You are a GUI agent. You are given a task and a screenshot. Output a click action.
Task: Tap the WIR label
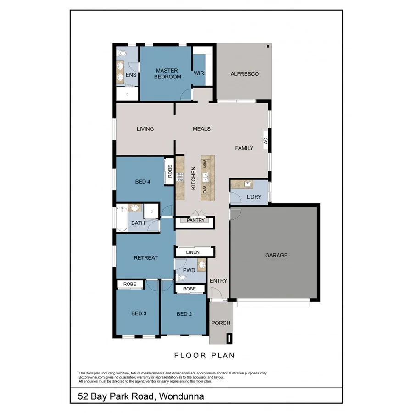(x=199, y=73)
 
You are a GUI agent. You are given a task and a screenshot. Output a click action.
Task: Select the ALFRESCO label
(x=245, y=74)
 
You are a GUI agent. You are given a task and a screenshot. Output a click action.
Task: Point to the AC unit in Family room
(x=266, y=141)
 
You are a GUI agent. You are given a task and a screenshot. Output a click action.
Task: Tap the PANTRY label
(x=195, y=221)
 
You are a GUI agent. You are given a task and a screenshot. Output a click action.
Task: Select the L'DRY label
(x=254, y=197)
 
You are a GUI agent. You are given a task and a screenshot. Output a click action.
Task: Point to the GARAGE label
(x=276, y=255)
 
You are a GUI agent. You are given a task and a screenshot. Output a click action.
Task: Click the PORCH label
(x=221, y=323)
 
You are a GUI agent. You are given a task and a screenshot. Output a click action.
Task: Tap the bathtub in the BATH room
(x=122, y=219)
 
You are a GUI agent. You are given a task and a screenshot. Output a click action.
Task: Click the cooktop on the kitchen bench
(x=180, y=177)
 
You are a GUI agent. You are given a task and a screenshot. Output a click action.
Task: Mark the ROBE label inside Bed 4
(x=169, y=172)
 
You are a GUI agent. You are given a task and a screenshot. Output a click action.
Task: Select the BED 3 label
(x=139, y=314)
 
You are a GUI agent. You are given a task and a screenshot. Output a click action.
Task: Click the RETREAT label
(x=145, y=258)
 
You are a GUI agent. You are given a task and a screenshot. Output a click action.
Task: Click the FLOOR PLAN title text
(x=204, y=355)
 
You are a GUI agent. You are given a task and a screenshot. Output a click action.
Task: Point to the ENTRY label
(x=218, y=281)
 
